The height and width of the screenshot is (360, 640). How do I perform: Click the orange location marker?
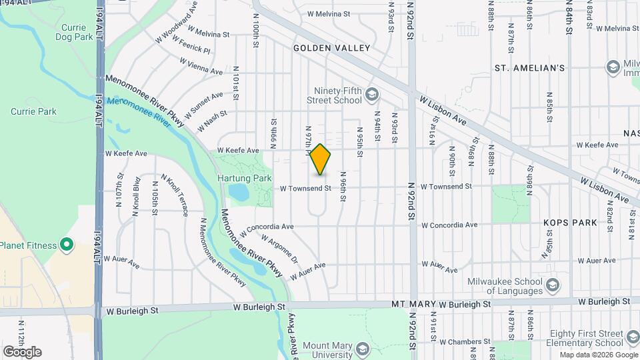[321, 159]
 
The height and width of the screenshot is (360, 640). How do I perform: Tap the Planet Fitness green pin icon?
[67, 245]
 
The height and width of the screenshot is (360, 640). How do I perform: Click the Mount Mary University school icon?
[362, 349]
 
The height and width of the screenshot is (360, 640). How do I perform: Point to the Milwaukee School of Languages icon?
[552, 285]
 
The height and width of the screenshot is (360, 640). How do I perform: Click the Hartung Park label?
[235, 179]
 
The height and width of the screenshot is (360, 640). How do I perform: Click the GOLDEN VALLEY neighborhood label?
[331, 48]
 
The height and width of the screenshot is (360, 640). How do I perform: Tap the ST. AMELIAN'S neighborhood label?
[530, 68]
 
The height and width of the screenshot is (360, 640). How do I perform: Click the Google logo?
[22, 352]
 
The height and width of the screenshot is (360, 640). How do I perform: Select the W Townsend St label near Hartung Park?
[305, 189]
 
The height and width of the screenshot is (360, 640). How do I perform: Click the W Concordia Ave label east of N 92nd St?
[449, 225]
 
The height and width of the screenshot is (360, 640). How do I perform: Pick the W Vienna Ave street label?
[201, 65]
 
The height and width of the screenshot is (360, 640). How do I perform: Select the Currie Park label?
[33, 111]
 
